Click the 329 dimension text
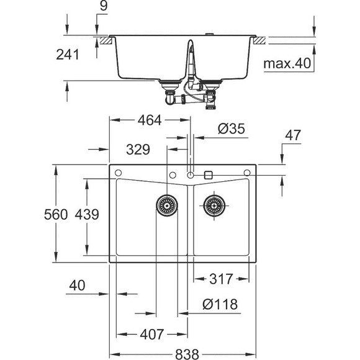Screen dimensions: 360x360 point(138,150)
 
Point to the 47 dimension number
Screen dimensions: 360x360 point(294,135)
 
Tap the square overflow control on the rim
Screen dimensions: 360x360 point(208,173)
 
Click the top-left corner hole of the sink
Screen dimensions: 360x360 point(118,172)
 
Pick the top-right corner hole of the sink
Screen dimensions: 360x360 point(247,172)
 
